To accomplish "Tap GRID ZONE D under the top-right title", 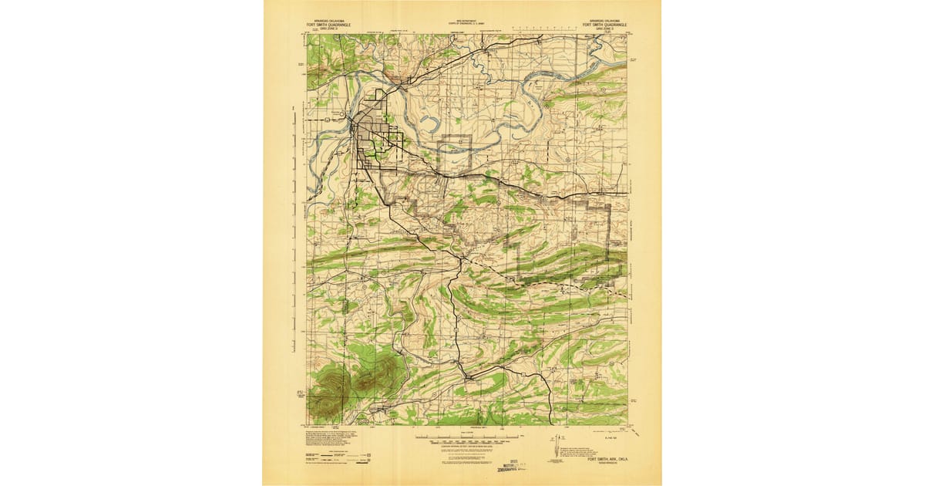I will tap(604, 29).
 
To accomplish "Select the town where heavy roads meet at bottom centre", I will tap(466, 376).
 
